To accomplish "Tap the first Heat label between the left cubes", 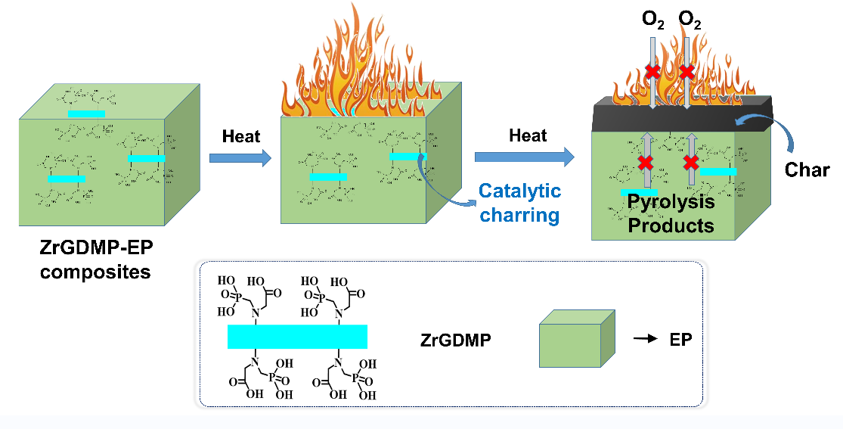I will (240, 137).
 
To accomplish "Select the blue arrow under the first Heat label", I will (240, 157).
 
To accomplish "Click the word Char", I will (807, 169).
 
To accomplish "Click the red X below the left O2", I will (652, 72).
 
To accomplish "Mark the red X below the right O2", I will (687, 72).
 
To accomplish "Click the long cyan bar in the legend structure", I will (297, 337).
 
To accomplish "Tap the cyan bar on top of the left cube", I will (86, 113).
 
